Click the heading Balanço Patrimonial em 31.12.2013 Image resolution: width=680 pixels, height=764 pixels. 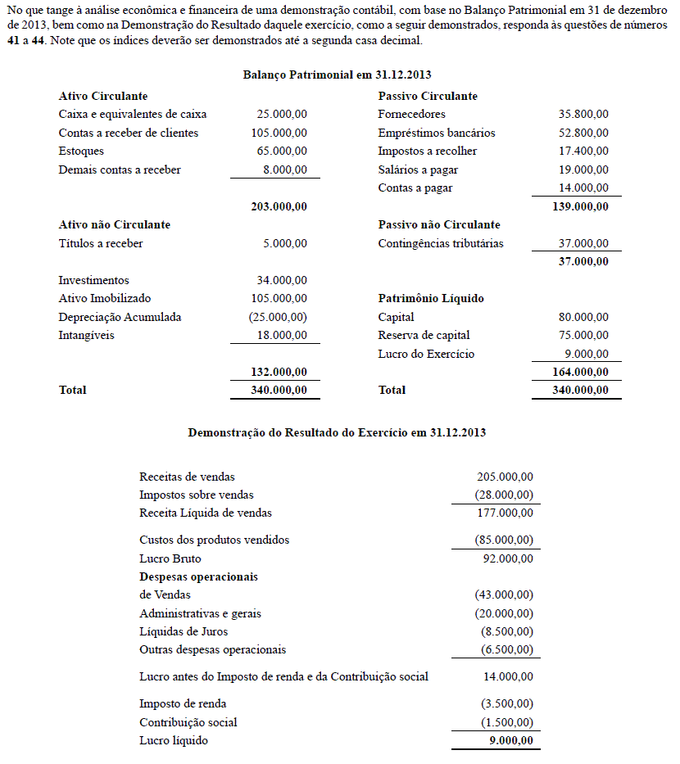pyautogui.click(x=337, y=75)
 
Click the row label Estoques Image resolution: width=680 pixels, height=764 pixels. pyautogui.click(x=81, y=151)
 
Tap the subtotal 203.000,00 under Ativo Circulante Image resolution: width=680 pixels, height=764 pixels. pyautogui.click(x=279, y=206)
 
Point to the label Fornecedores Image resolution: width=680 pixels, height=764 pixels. pyautogui.click(x=412, y=115)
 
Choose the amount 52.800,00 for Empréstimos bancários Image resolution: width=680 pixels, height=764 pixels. pyautogui.click(x=583, y=133)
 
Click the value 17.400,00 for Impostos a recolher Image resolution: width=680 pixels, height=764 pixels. pyautogui.click(x=583, y=151)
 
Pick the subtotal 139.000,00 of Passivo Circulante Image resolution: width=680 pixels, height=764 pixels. pyautogui.click(x=581, y=206)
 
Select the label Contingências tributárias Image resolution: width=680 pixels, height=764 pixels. pyautogui.click(x=441, y=243)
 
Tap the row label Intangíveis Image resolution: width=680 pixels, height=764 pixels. pyautogui.click(x=86, y=335)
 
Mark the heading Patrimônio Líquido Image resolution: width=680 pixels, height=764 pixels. pyautogui.click(x=431, y=299)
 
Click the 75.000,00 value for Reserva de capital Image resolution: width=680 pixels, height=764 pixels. pyautogui.click(x=583, y=335)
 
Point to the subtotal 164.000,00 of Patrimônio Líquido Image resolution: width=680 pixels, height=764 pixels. pyautogui.click(x=581, y=372)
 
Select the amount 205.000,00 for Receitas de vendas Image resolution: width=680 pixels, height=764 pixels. pyautogui.click(x=505, y=477)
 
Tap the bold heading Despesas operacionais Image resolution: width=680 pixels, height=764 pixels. pyautogui.click(x=198, y=576)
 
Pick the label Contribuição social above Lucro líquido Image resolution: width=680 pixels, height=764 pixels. pyautogui.click(x=188, y=722)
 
